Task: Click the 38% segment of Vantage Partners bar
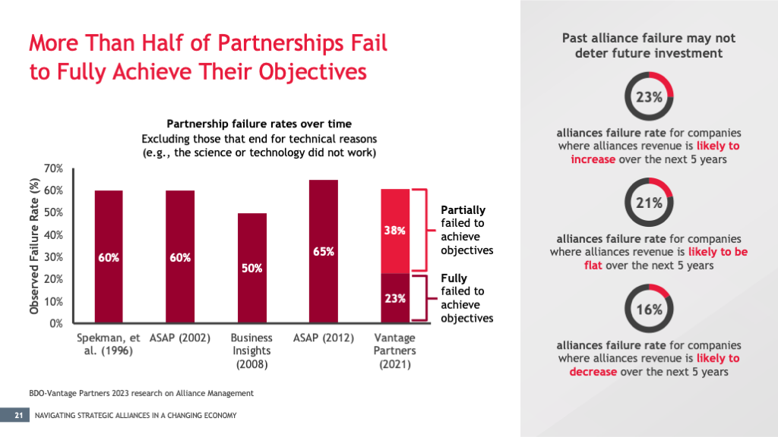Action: pos(395,231)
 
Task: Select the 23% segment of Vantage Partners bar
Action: pos(395,298)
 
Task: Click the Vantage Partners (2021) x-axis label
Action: pos(394,351)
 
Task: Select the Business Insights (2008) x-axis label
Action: pos(251,351)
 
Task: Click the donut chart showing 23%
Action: pos(650,97)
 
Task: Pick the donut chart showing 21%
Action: pos(650,203)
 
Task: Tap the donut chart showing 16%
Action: pos(650,310)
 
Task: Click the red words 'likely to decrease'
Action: pos(654,365)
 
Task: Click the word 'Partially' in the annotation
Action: pos(463,210)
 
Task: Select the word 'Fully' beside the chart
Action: pos(454,278)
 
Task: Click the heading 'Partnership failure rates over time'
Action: pos(258,124)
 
